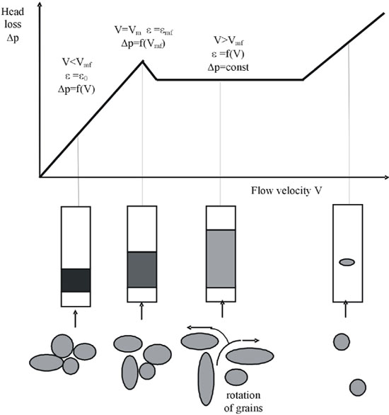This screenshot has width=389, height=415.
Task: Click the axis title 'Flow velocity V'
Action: (x=286, y=191)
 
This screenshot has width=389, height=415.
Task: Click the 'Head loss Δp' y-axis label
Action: (x=13, y=25)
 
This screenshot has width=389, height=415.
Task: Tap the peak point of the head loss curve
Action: (x=143, y=61)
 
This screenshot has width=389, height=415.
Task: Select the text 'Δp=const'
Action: (x=228, y=67)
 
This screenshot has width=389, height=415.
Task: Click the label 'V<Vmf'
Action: (x=77, y=62)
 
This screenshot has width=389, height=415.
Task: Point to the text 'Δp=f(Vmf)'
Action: (x=144, y=44)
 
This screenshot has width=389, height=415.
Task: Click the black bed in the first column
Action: (x=76, y=280)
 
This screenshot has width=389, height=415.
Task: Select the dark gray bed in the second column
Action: (x=142, y=269)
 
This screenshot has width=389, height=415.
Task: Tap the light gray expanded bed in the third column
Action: (x=221, y=258)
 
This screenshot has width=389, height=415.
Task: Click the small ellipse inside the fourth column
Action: (x=347, y=262)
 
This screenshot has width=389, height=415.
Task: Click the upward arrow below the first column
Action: (x=75, y=319)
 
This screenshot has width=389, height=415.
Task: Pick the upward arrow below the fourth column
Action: (x=345, y=309)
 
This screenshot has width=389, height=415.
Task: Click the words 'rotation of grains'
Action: (x=243, y=402)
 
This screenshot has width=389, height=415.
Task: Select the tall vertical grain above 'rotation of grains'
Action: (x=206, y=379)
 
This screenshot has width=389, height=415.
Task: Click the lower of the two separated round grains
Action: (x=358, y=387)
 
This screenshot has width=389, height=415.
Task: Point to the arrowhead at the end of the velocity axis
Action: (x=386, y=177)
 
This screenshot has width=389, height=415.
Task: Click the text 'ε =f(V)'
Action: (x=228, y=55)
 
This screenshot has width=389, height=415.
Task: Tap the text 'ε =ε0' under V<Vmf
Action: (x=76, y=76)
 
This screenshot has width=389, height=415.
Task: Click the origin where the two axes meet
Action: (x=40, y=176)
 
